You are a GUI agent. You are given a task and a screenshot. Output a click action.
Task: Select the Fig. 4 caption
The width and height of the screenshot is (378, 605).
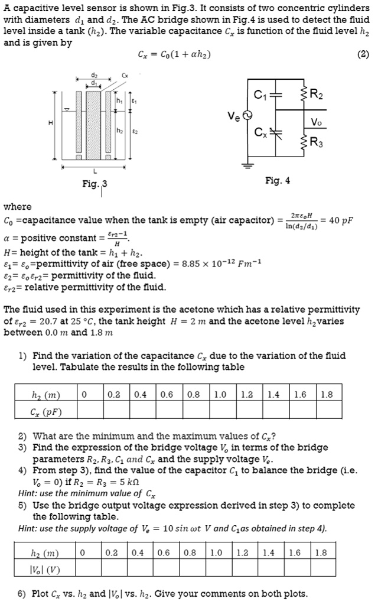pyautogui.click(x=277, y=180)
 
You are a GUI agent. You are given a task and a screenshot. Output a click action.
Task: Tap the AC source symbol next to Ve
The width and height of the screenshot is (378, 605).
pyautogui.click(x=247, y=116)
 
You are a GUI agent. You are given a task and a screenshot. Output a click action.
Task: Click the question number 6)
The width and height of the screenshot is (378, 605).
pyautogui.click(x=22, y=594)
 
